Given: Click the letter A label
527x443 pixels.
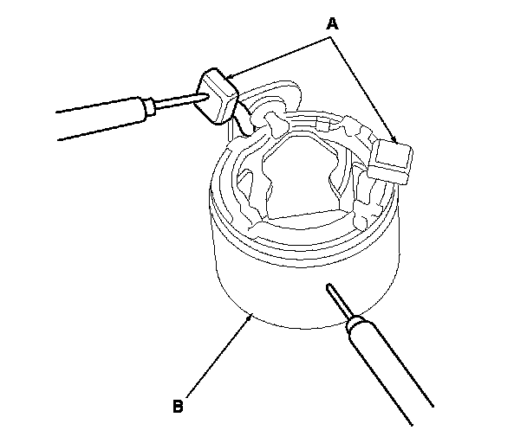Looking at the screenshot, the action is point(332,23).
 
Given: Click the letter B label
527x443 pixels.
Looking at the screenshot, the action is point(178,406).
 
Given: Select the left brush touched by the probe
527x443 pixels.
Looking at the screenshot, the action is point(216,96).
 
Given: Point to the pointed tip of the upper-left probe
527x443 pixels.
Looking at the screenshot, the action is point(208,96).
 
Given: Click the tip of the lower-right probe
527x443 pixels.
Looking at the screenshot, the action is point(329,286).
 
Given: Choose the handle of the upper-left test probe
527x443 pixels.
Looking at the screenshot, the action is point(101,118).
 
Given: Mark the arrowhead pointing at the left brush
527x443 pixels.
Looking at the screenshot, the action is point(229,77).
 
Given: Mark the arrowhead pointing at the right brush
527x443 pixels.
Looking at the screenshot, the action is point(394,139).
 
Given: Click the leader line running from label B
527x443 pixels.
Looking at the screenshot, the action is point(218,356).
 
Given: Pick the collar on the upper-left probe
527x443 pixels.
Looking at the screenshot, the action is point(149,107).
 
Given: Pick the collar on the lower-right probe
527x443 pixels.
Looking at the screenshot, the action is point(355,323).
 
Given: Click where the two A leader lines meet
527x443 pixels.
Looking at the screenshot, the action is point(330,37).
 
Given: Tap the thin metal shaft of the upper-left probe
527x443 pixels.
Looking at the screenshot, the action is point(179,102).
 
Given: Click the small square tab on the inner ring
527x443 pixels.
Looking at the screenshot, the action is point(323,125).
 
